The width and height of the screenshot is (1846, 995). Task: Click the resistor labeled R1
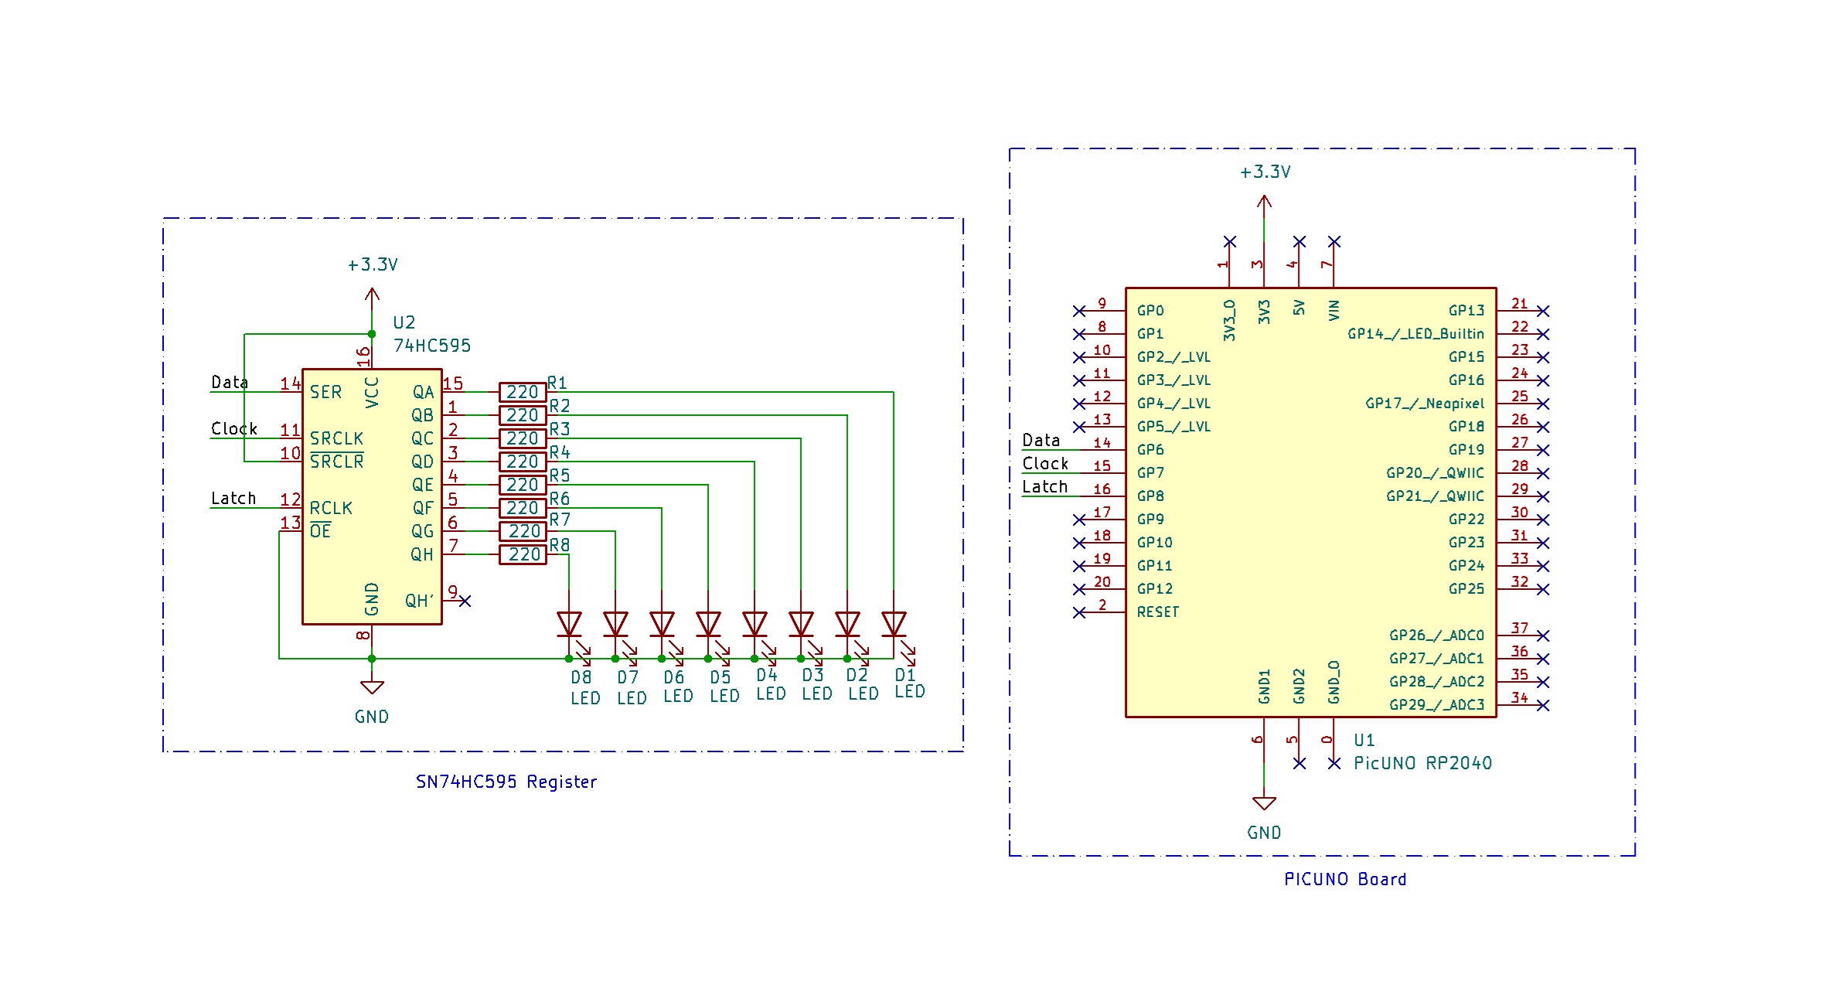pyautogui.click(x=523, y=392)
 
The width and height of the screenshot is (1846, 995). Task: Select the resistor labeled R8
pyautogui.click(x=523, y=554)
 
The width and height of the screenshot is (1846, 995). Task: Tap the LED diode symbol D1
pyautogui.click(x=894, y=625)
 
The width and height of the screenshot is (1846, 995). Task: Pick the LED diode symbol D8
pyautogui.click(x=569, y=625)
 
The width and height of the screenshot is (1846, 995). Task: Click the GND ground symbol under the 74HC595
pyautogui.click(x=372, y=687)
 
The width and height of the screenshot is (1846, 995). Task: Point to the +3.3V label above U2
pyautogui.click(x=373, y=264)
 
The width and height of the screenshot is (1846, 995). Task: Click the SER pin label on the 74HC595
pyautogui.click(x=325, y=392)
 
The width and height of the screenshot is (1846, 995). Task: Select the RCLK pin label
pyautogui.click(x=331, y=508)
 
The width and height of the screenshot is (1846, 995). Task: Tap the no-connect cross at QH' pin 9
pyautogui.click(x=465, y=601)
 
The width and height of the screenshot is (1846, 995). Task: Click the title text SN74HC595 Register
pyautogui.click(x=506, y=782)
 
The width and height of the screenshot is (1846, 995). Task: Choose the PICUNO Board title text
pyautogui.click(x=1345, y=879)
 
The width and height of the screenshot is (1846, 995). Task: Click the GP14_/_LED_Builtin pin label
pyautogui.click(x=1415, y=334)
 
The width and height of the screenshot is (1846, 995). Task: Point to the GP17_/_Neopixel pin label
pyautogui.click(x=1425, y=404)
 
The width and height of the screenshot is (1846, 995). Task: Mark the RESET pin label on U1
pyautogui.click(x=1158, y=612)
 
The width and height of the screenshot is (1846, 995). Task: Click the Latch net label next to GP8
pyautogui.click(x=1044, y=487)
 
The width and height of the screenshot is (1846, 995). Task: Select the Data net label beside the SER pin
pyautogui.click(x=230, y=383)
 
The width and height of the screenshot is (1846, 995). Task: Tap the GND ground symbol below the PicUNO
pyautogui.click(x=1264, y=804)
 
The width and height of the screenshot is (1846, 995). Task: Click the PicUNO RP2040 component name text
pyautogui.click(x=1422, y=763)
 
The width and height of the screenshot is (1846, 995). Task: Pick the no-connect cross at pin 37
pyautogui.click(x=1543, y=636)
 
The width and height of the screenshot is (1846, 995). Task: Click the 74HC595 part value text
pyautogui.click(x=431, y=346)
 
